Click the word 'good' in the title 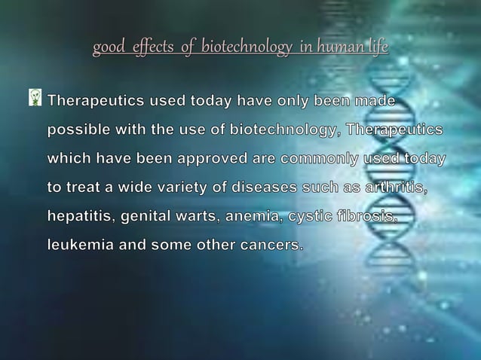click(106, 49)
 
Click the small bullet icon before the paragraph click(35, 98)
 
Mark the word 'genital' click(147, 217)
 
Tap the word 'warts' click(201, 217)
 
